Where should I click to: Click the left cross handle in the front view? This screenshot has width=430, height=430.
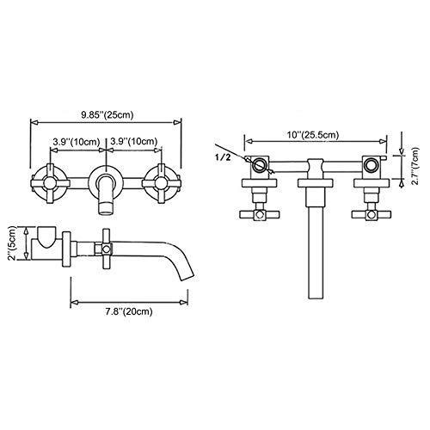pyautogui.click(x=50, y=181)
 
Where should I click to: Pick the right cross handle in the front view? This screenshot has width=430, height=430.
pyautogui.click(x=160, y=181)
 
